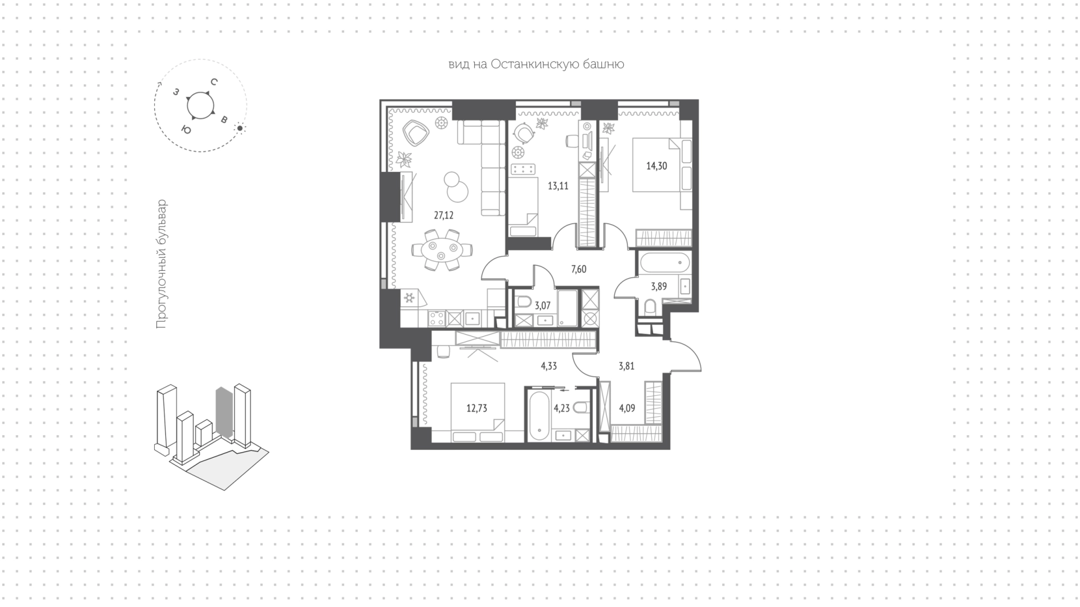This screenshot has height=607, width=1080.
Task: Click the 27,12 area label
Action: [443, 215]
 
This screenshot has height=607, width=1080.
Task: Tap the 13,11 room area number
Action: [558, 186]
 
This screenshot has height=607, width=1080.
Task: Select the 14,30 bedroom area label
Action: [656, 166]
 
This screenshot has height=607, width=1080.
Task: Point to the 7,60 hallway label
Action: [578, 269]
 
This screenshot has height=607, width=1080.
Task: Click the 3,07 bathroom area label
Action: [542, 306]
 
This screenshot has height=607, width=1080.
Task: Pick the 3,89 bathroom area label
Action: [659, 287]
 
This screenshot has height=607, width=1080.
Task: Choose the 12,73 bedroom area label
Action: [476, 408]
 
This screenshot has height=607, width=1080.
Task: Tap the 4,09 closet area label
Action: [627, 408]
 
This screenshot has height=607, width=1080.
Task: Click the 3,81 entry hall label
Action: [626, 366]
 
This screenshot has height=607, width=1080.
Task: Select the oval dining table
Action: [442, 249]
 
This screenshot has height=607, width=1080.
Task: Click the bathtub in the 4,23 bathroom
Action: [539, 416]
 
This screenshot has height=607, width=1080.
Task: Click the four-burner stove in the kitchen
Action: [436, 319]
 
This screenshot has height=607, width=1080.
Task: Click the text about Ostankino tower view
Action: [536, 64]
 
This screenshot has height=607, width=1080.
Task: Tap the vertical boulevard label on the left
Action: [161, 264]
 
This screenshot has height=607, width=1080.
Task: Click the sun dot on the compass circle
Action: [240, 128]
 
